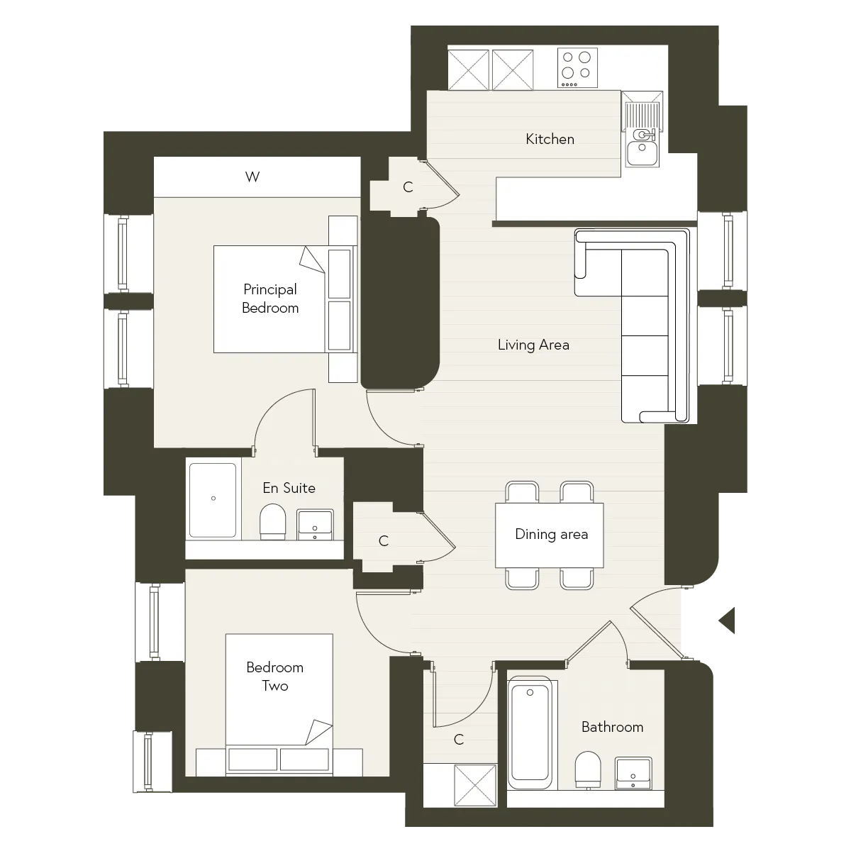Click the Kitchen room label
coord(550,139)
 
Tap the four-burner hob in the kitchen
coord(577,67)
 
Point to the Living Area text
coord(533,345)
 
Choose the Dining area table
coord(550,535)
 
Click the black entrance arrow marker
coord(727,621)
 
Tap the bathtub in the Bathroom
coord(530,734)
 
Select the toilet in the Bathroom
coord(588,770)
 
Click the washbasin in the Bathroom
coord(633,773)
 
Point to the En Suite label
coord(289,488)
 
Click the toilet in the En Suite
coord(272,521)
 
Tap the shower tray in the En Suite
coord(213,500)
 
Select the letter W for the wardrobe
coord(252,177)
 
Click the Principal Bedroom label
coord(270,299)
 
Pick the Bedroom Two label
coord(274,676)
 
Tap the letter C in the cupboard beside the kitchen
coord(408,187)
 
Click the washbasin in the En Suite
coord(315,525)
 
